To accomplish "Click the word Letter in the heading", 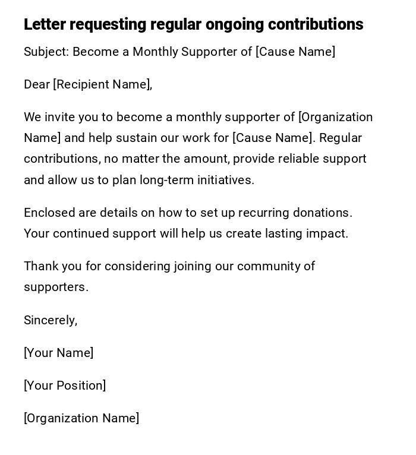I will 45,24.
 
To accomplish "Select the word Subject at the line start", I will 46,52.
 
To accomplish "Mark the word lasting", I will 279,233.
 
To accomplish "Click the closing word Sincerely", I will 50,320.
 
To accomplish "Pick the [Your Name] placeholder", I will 58,353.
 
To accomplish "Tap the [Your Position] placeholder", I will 65,386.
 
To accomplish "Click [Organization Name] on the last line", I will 81,418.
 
